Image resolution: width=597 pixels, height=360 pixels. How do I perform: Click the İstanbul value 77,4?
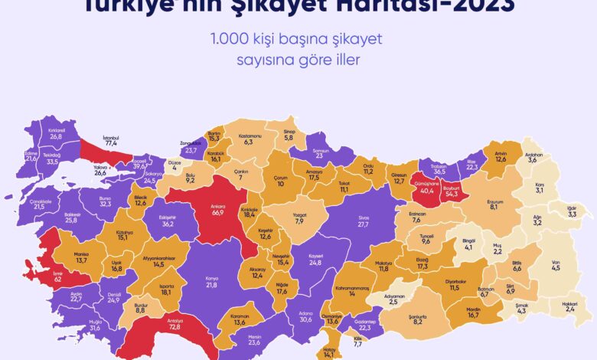110,143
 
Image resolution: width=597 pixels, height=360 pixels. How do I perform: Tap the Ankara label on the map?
217,205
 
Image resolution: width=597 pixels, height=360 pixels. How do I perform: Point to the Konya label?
210,277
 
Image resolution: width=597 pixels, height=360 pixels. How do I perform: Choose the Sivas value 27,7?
363,224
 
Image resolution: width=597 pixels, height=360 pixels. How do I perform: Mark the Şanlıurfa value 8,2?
418,322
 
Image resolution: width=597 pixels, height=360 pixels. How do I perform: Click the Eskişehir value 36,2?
169,224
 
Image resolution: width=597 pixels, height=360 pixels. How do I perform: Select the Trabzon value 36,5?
440,172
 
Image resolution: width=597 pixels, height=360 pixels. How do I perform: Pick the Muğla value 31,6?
95,329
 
